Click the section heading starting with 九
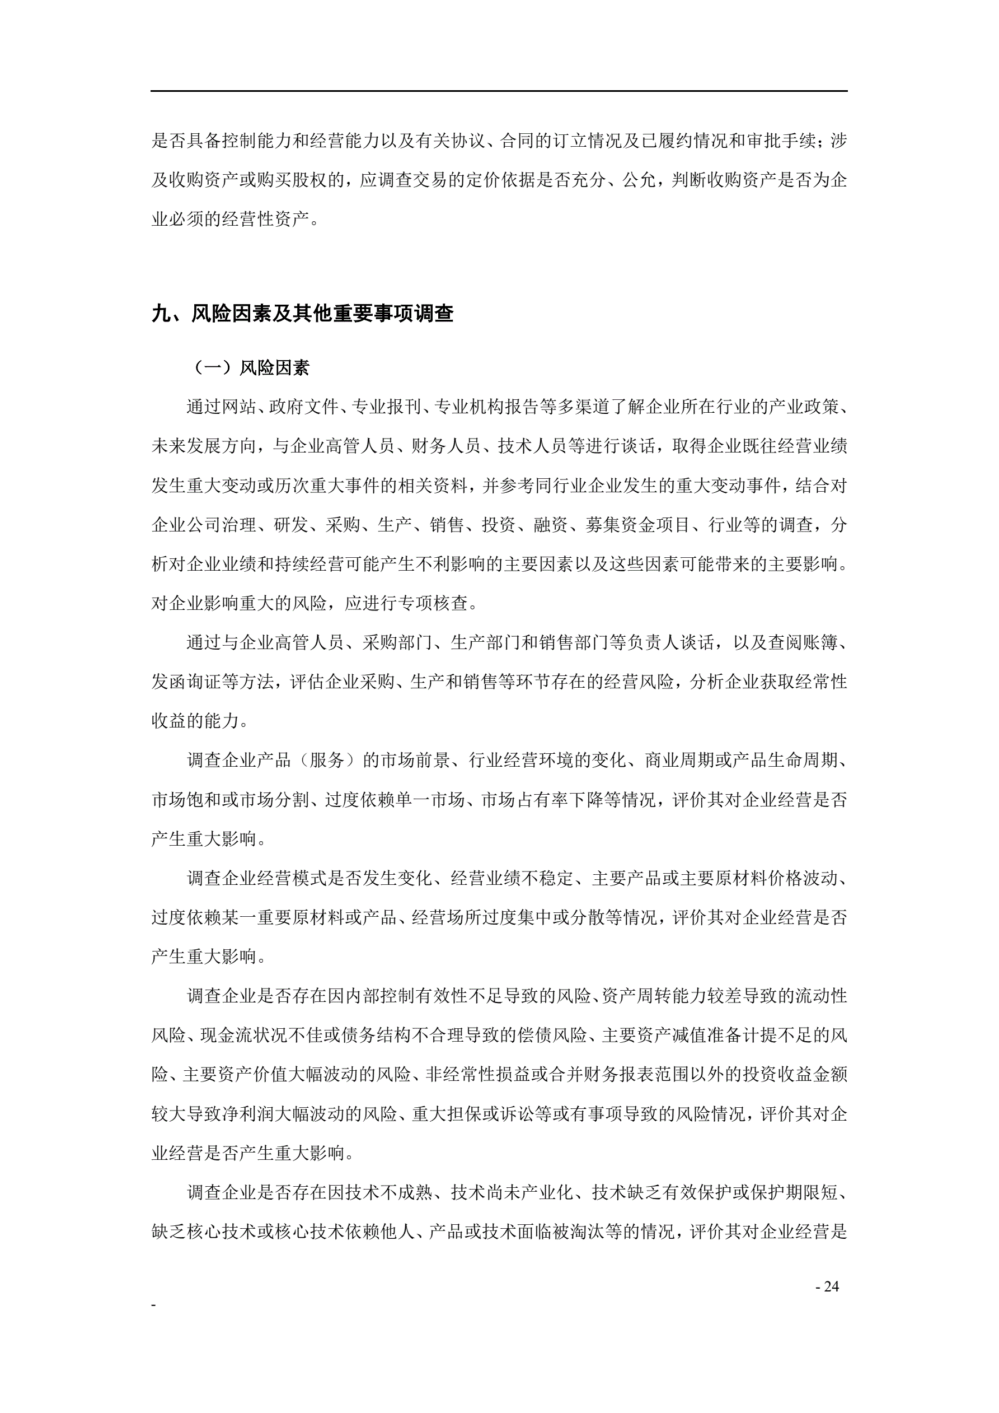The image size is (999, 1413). [x=302, y=313]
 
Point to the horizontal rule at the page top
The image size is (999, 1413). [x=499, y=91]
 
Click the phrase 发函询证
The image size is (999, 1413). [x=186, y=682]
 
